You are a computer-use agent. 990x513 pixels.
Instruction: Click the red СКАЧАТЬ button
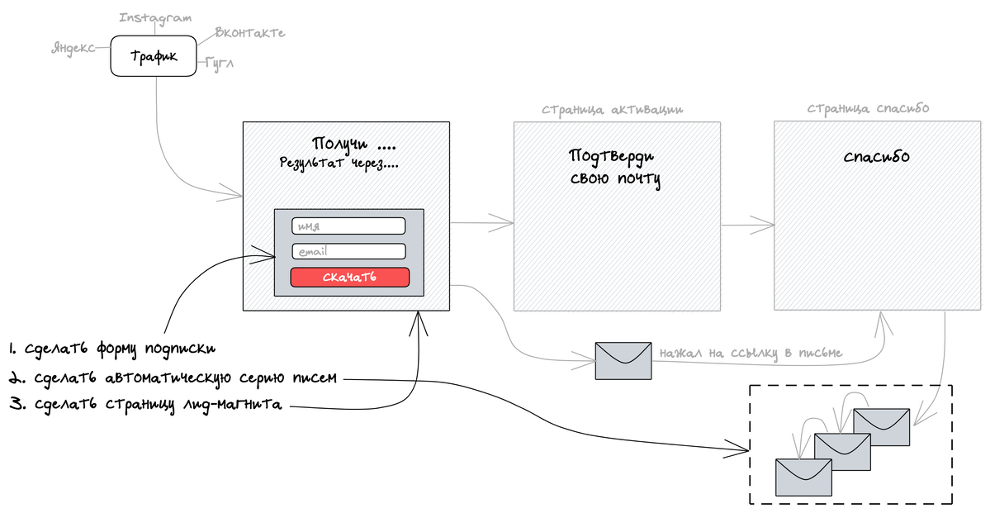(349, 278)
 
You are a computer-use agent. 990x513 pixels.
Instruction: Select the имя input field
(348, 226)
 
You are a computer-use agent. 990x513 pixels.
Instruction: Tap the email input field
(348, 251)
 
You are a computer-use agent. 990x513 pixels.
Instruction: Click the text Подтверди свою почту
(615, 167)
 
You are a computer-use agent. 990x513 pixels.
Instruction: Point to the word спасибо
(877, 156)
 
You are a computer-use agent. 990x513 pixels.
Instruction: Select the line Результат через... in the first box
(339, 164)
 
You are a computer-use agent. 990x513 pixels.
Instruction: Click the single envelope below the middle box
(623, 360)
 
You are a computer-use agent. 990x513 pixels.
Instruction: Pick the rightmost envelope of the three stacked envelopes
(881, 426)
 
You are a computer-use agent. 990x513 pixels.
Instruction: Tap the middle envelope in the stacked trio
(843, 451)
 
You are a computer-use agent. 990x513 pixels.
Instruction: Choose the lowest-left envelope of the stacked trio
(803, 477)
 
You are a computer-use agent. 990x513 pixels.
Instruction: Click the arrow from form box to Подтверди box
(483, 221)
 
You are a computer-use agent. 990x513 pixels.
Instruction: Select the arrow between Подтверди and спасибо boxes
(748, 223)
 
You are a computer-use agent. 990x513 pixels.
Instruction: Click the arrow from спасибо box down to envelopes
(940, 372)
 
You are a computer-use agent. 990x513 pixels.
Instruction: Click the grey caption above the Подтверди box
(612, 109)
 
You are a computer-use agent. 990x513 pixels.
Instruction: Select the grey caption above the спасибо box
(868, 108)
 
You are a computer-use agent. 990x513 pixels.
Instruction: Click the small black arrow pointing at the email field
(260, 258)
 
